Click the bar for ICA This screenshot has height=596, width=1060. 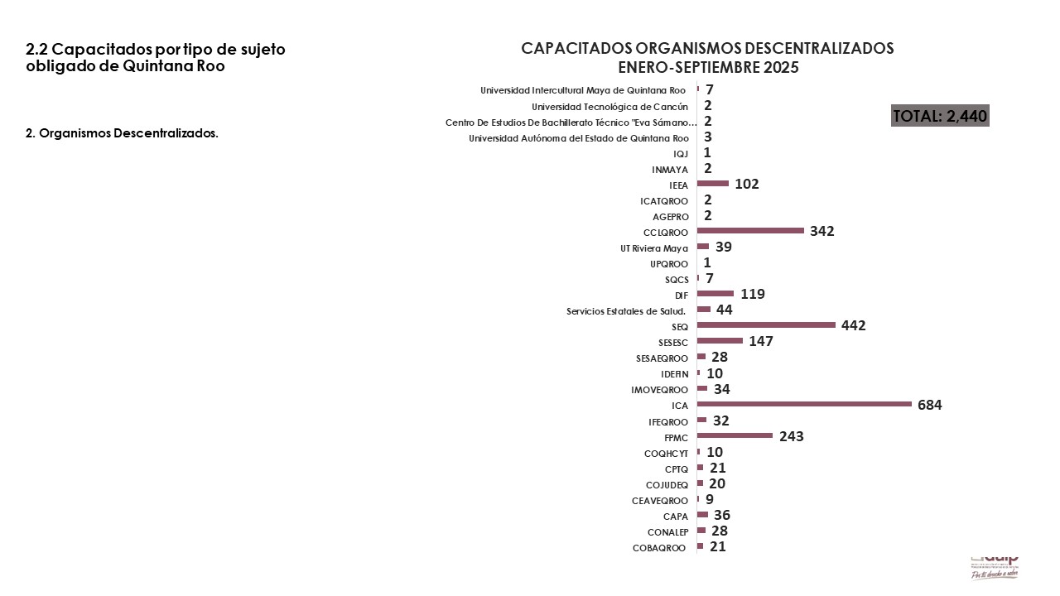tap(804, 404)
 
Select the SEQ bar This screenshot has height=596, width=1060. tap(766, 325)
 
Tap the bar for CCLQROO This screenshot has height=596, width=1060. tap(750, 230)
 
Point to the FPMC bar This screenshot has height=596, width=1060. tap(735, 435)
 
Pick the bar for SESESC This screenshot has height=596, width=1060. tap(720, 340)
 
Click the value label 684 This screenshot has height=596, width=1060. tap(930, 405)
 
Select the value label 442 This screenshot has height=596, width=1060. tap(853, 326)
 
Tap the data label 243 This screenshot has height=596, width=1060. tap(792, 436)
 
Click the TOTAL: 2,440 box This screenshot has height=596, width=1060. tap(940, 116)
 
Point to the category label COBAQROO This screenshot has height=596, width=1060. tap(659, 548)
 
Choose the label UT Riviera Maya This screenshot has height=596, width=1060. tap(654, 248)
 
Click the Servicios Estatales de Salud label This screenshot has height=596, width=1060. tap(627, 311)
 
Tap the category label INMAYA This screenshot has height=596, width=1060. tap(670, 170)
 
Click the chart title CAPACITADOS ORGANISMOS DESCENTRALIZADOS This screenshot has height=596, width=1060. tap(707, 48)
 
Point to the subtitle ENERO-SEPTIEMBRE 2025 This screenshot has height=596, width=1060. tap(708, 68)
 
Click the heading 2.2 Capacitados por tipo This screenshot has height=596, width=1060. tap(156, 58)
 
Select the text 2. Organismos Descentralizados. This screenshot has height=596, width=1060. tap(123, 133)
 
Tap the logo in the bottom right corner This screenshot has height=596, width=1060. tap(994, 566)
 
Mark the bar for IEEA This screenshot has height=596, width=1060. tap(713, 183)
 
